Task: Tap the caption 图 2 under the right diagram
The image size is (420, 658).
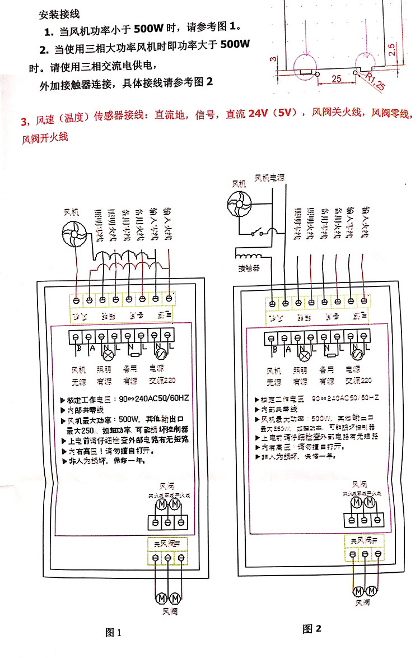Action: (312, 628)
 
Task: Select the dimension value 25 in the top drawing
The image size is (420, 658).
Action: (336, 79)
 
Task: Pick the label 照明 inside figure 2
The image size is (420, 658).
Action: (302, 370)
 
